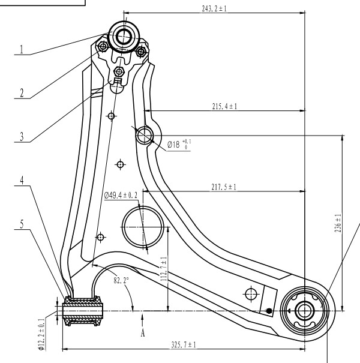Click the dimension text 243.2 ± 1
[214, 8]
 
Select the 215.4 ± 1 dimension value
[224, 106]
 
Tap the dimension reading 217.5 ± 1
[224, 187]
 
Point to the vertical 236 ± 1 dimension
[338, 223]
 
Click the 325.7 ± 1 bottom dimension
[184, 345]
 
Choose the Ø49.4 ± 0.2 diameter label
[121, 195]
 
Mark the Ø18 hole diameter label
[179, 145]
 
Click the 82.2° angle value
[121, 280]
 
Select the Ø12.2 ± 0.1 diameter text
[41, 334]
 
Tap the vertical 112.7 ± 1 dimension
[164, 269]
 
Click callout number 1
[22, 50]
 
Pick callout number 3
[22, 137]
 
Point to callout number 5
[22, 224]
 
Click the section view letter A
[143, 333]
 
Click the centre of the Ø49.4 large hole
[143, 227]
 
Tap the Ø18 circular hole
[145, 136]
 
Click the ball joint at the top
[124, 37]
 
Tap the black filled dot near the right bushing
[269, 311]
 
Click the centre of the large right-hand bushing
[305, 311]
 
